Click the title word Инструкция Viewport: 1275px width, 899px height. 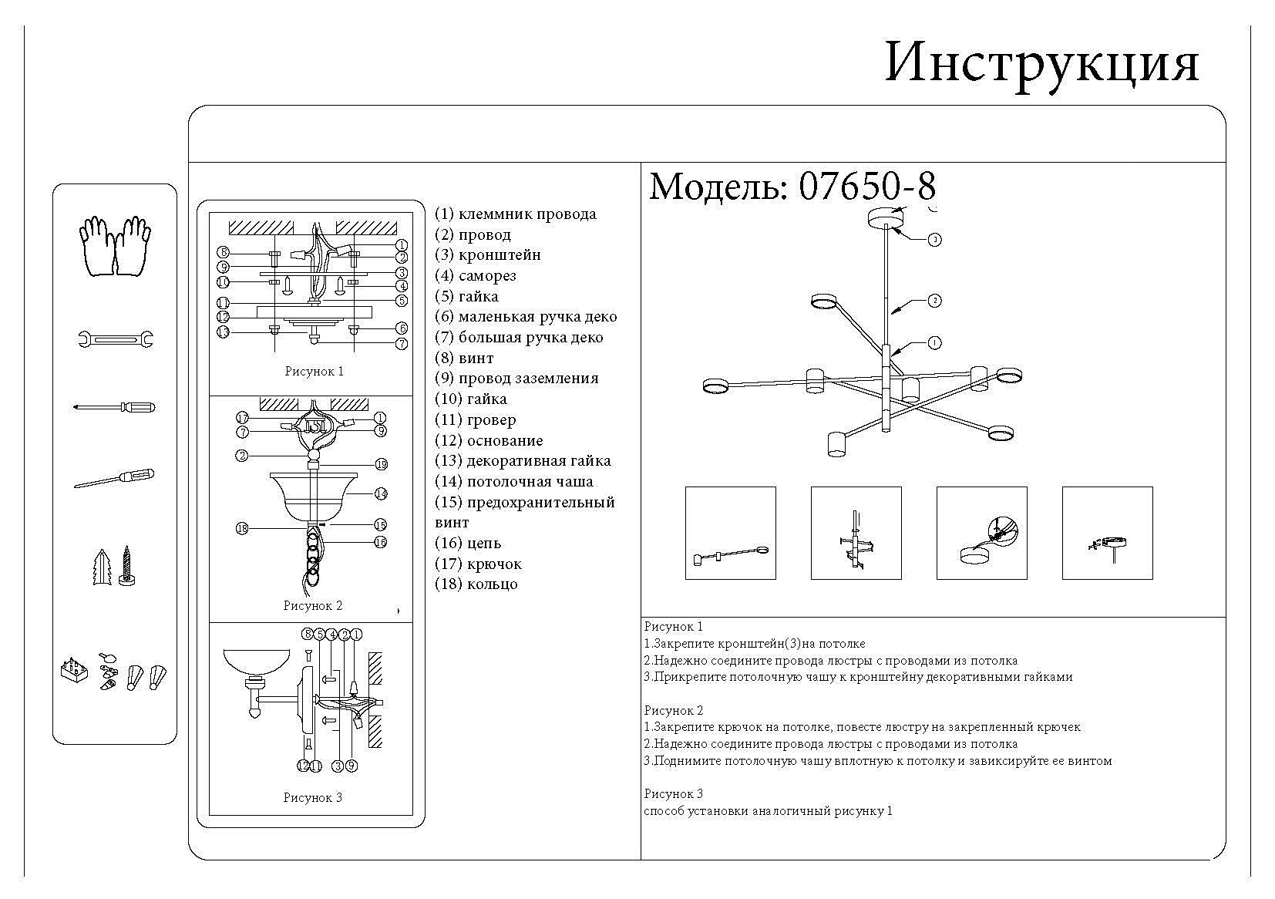[1041, 64]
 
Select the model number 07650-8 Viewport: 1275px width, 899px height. [868, 187]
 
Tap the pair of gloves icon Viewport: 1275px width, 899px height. [115, 246]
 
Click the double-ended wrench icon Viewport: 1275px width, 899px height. [116, 338]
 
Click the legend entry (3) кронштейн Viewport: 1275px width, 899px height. [488, 255]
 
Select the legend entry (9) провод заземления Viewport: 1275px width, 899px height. [516, 379]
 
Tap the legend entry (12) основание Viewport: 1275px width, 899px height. [489, 441]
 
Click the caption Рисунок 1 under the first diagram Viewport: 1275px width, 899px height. [314, 372]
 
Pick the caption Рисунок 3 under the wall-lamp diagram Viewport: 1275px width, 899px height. [312, 798]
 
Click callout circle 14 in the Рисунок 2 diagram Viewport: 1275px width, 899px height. [381, 493]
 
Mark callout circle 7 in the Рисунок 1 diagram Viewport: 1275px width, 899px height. [402, 344]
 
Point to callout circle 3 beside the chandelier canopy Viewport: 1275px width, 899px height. [934, 240]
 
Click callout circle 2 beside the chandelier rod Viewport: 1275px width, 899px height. [934, 301]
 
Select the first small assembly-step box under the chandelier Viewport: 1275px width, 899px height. [730, 533]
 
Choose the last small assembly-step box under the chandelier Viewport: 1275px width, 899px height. [1107, 533]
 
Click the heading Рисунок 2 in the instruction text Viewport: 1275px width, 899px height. [674, 710]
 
